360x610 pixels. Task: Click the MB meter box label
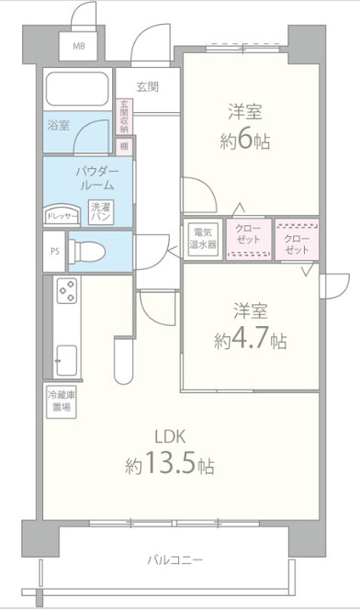[x=79, y=45]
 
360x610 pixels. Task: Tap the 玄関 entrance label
[x=148, y=87]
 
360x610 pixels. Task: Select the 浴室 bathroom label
[x=58, y=125]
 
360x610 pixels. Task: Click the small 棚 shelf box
[x=123, y=145]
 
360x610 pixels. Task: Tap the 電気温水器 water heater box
[x=202, y=238]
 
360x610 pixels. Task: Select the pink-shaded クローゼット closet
[x=296, y=238]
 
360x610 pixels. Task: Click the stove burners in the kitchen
[x=67, y=292]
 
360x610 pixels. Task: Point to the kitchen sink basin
[x=67, y=357]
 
